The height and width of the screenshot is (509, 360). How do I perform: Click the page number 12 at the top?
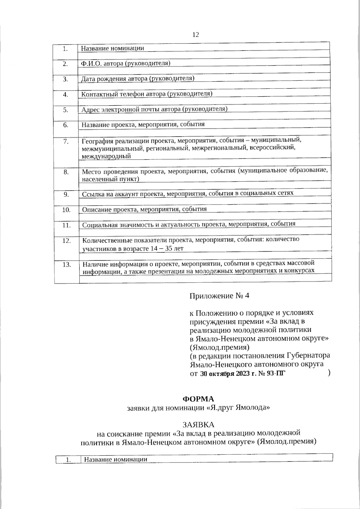pos(195,35)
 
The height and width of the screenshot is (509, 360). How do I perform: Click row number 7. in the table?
pos(66,142)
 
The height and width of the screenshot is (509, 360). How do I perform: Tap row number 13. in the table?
pos(67,265)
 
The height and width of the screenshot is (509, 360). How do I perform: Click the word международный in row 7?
pos(106,156)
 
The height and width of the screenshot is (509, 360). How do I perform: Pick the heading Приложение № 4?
pos(219,296)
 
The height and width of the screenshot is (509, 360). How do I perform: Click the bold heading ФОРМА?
pos(198,399)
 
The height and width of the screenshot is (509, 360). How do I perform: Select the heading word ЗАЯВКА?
pos(198,425)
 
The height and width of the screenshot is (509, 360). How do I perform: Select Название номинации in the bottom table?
pos(116,459)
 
